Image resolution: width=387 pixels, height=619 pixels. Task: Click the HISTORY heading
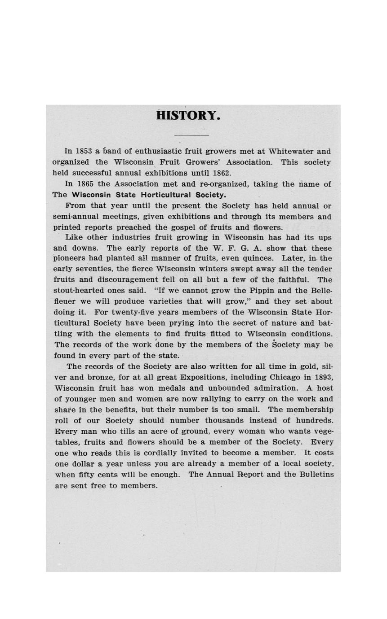[x=188, y=116]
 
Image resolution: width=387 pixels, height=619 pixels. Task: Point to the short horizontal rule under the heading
[x=191, y=135]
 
